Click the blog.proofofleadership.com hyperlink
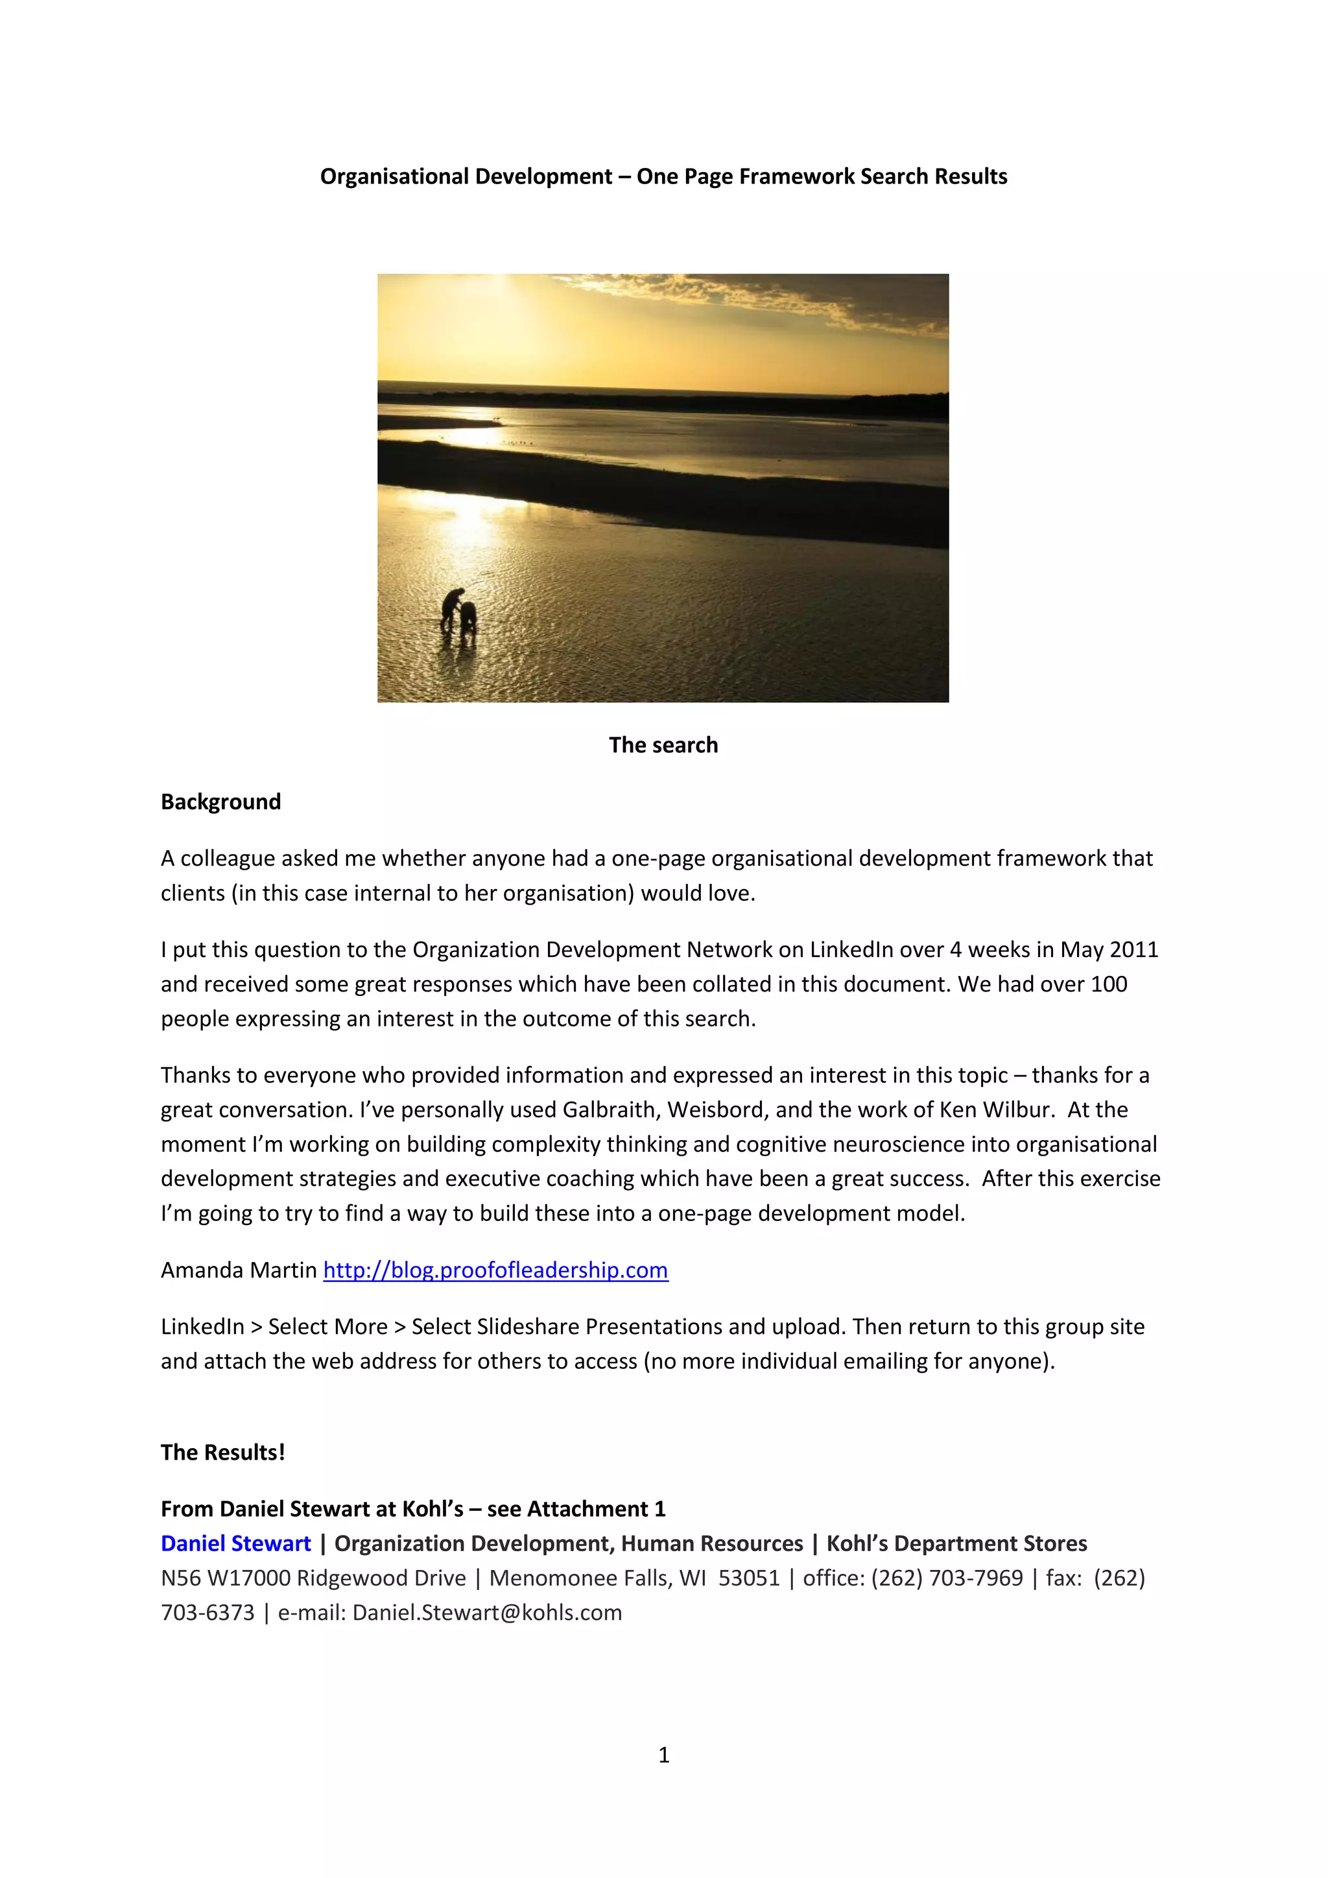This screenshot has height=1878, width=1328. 495,1270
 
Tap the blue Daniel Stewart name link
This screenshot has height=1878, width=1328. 235,1543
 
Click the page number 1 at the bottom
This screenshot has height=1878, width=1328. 664,1755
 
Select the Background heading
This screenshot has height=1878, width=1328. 220,802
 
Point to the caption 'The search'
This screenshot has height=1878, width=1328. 663,745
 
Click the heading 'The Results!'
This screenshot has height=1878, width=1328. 222,1453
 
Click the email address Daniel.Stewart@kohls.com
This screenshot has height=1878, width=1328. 488,1612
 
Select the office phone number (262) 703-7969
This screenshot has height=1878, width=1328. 947,1578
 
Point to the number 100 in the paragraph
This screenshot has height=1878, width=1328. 1108,984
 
